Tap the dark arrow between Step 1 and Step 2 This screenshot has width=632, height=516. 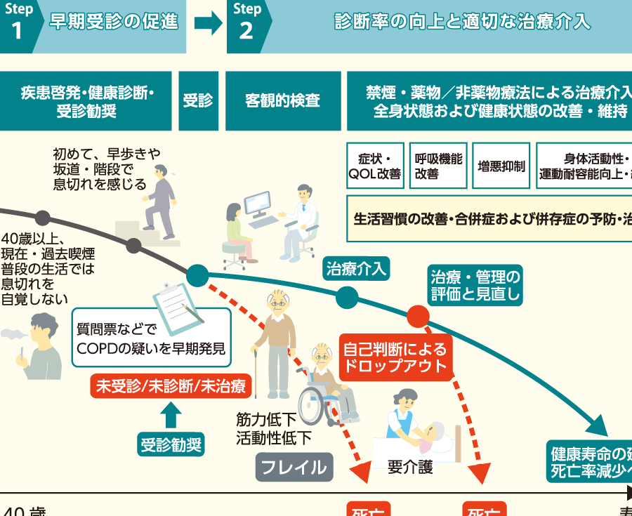click(208, 25)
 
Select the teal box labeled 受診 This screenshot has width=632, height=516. click(198, 101)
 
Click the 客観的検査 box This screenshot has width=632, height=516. click(283, 101)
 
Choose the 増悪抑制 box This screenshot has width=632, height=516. click(501, 166)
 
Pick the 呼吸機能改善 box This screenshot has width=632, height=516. click(438, 166)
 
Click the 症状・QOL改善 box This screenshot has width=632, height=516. click(375, 166)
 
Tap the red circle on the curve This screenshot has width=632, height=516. click(418, 316)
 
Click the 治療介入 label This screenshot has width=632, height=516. click(357, 269)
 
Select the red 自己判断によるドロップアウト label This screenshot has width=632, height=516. click(394, 357)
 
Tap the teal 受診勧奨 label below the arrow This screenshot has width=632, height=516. click(171, 444)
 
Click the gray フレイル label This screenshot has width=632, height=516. click(294, 467)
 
